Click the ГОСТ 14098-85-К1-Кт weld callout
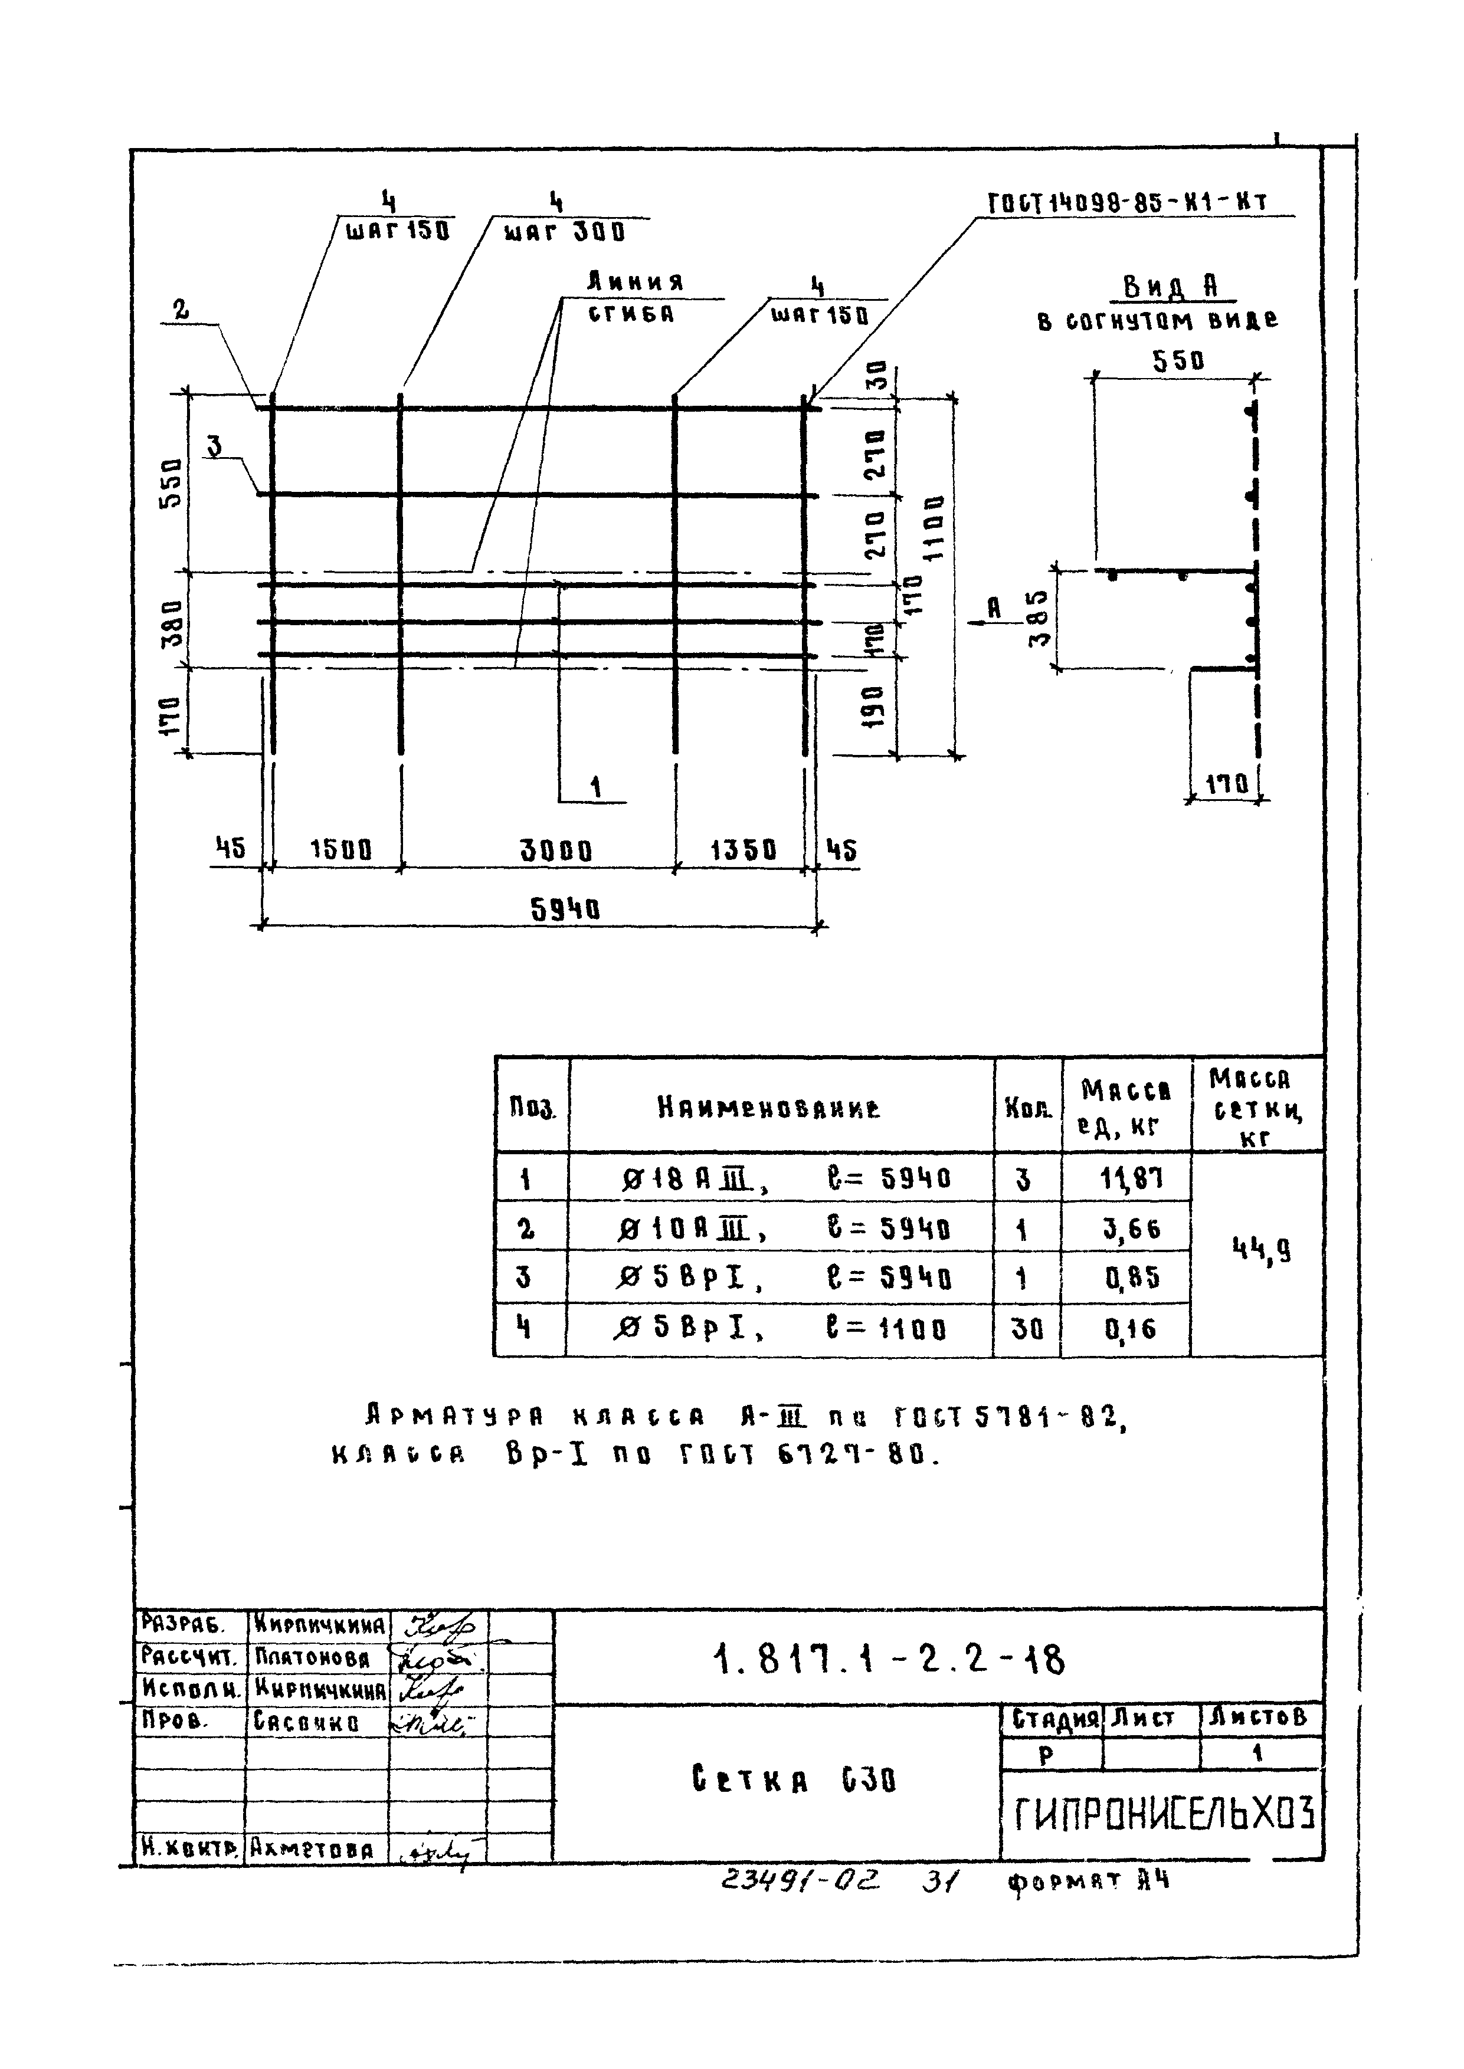(1128, 203)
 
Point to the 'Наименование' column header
(769, 1108)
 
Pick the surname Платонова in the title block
(312, 1658)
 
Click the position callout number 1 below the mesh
(595, 787)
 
